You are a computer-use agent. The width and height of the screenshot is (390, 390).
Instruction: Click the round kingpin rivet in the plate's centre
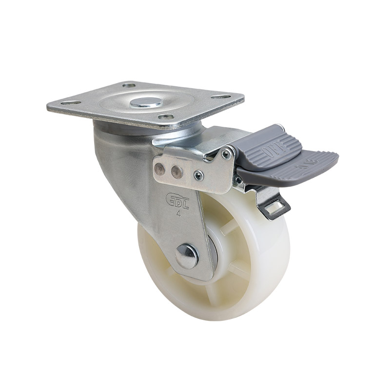[139, 103]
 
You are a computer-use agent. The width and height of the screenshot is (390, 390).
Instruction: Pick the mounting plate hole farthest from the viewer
[129, 85]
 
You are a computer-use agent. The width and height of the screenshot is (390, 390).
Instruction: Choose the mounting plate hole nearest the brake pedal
[223, 97]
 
